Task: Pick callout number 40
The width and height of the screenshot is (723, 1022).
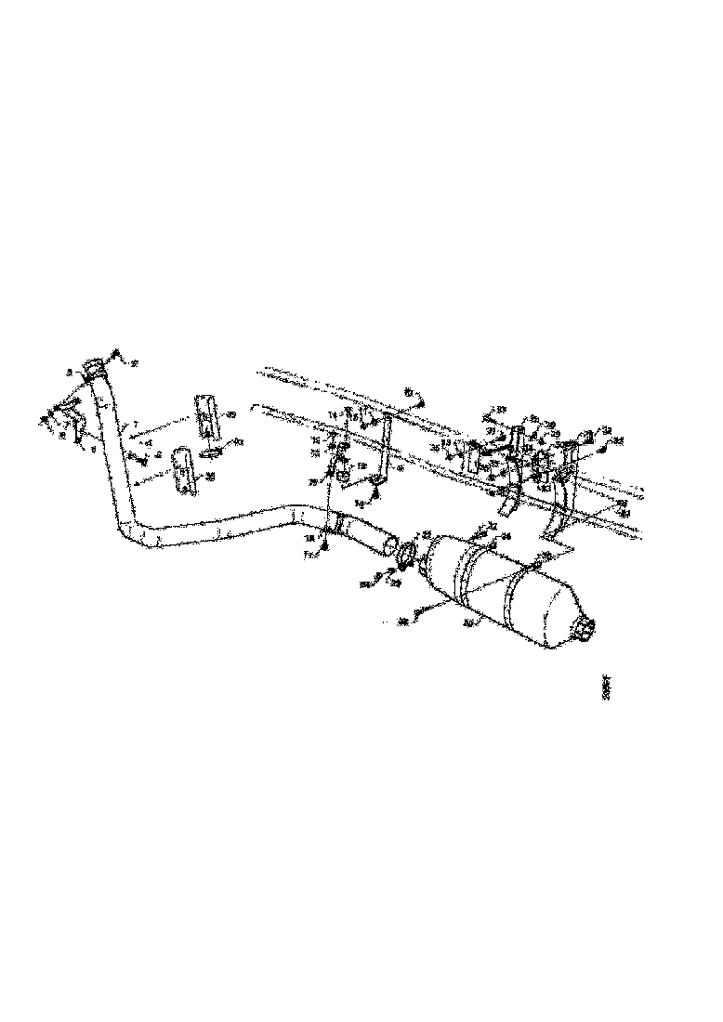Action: [238, 441]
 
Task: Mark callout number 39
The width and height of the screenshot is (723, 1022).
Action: [231, 413]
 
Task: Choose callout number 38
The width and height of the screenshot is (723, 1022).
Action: [209, 476]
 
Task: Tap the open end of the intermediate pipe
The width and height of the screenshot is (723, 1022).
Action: [393, 544]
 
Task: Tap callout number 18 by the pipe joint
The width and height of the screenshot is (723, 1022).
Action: [308, 537]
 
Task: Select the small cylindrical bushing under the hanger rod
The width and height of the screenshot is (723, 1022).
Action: [343, 477]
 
